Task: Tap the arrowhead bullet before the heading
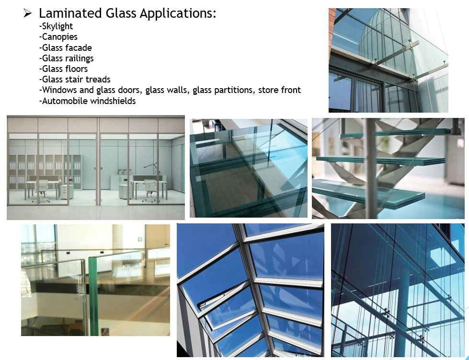pos(27,13)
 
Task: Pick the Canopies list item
pos(58,37)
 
